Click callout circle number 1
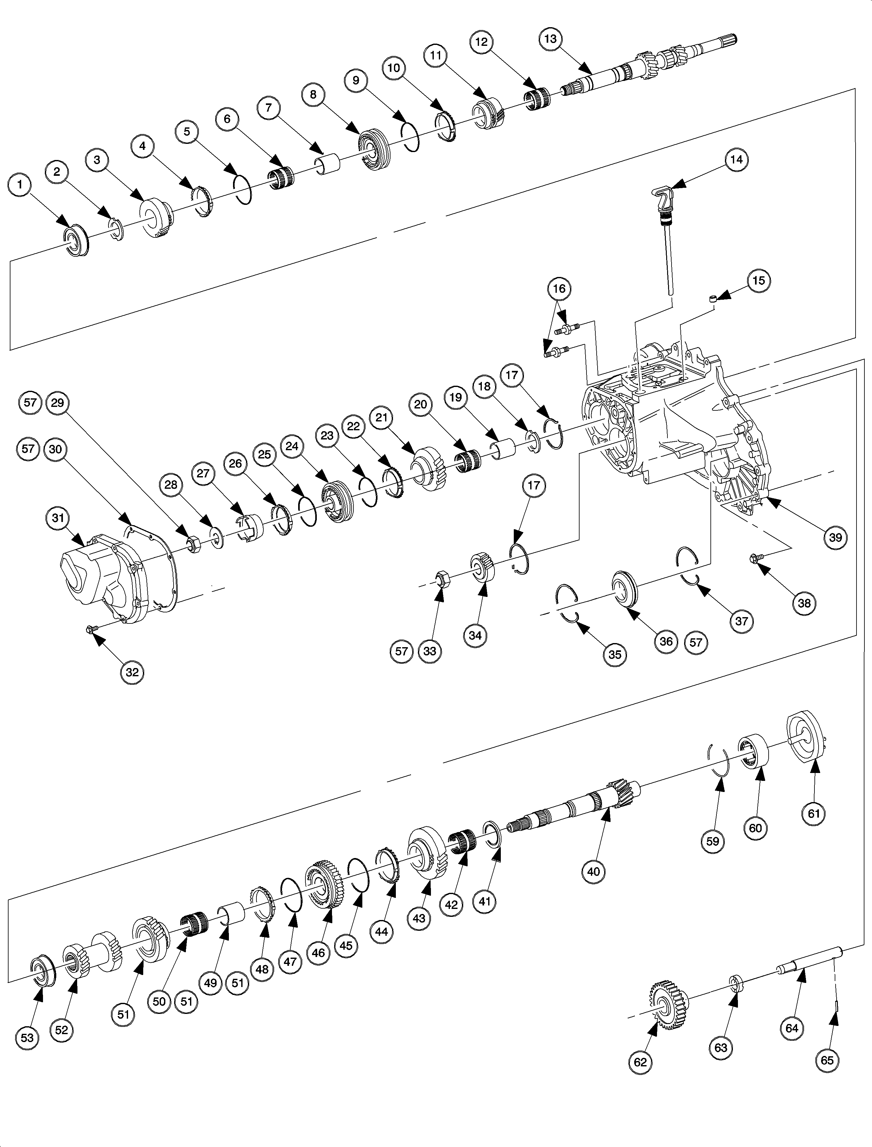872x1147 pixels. [x=20, y=185]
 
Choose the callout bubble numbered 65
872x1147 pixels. [x=826, y=1059]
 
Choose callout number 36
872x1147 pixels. [x=666, y=641]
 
